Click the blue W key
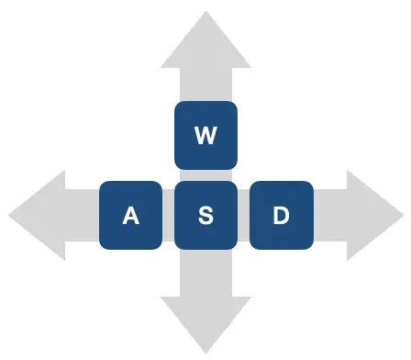[x=205, y=135]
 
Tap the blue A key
[x=130, y=215]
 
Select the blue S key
[x=205, y=215]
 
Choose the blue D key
[x=282, y=215]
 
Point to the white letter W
[x=205, y=135]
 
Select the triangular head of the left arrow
[x=37, y=215]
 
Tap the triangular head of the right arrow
[x=375, y=215]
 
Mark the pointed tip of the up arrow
[x=205, y=12]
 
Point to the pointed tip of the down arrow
[x=206, y=354]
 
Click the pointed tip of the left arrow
[x=8, y=215]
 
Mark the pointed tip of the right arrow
[x=404, y=215]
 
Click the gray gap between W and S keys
[x=205, y=175]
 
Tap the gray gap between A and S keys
[x=168, y=215]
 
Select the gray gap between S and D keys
[x=244, y=215]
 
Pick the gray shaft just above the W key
[x=205, y=84]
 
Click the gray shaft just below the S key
[x=205, y=273]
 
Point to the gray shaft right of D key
[x=330, y=215]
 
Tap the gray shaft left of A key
[x=82, y=215]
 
